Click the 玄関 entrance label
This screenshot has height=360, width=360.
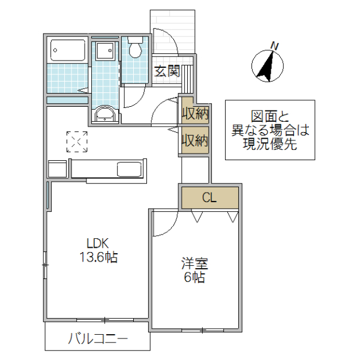click(167, 71)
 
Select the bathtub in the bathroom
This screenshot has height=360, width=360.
click(67, 50)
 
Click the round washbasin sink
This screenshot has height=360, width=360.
click(105, 114)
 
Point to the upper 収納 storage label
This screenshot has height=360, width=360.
click(195, 112)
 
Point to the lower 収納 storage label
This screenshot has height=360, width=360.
click(195, 141)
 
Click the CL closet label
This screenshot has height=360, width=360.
click(209, 197)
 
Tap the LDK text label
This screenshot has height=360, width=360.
click(97, 244)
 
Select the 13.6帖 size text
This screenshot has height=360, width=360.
click(98, 258)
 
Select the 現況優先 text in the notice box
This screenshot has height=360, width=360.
click(269, 143)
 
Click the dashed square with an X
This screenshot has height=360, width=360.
click(77, 142)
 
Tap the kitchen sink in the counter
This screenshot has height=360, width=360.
click(130, 169)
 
